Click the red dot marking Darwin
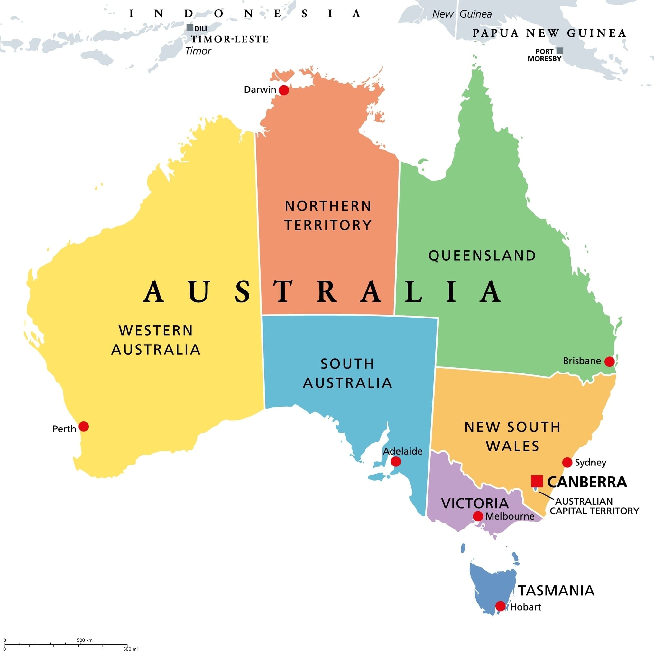click(284, 90)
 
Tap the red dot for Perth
click(84, 427)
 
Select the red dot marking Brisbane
click(609, 362)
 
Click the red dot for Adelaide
click(396, 461)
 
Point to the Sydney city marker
click(567, 462)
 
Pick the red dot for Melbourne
click(478, 516)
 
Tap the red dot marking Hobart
click(500, 606)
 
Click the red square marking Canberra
click(537, 481)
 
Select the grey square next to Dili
click(190, 28)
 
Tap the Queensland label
click(482, 255)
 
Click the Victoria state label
click(475, 503)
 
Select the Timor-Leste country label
click(230, 39)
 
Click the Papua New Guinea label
click(549, 33)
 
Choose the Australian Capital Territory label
click(594, 506)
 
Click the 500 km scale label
click(84, 640)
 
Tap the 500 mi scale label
click(130, 649)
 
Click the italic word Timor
click(198, 51)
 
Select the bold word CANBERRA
click(587, 482)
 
